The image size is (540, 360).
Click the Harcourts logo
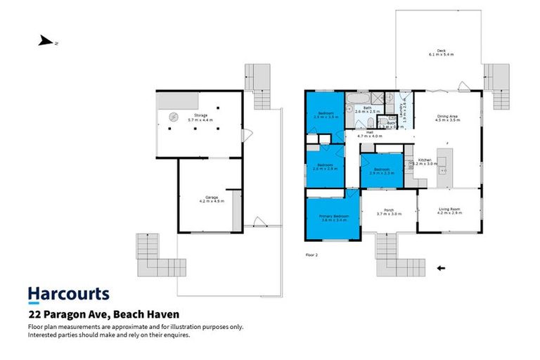click(x=68, y=294)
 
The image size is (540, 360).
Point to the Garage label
click(x=211, y=199)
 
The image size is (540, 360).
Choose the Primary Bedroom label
click(x=333, y=217)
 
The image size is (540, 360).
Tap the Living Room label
click(x=449, y=210)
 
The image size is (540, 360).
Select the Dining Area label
click(x=448, y=117)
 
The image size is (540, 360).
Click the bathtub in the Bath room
click(x=361, y=99)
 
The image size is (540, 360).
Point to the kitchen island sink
click(x=444, y=166)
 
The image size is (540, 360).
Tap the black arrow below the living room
click(x=442, y=268)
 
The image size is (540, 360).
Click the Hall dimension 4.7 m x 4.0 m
click(x=371, y=135)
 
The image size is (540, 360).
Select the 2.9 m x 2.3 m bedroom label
click(x=381, y=171)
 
